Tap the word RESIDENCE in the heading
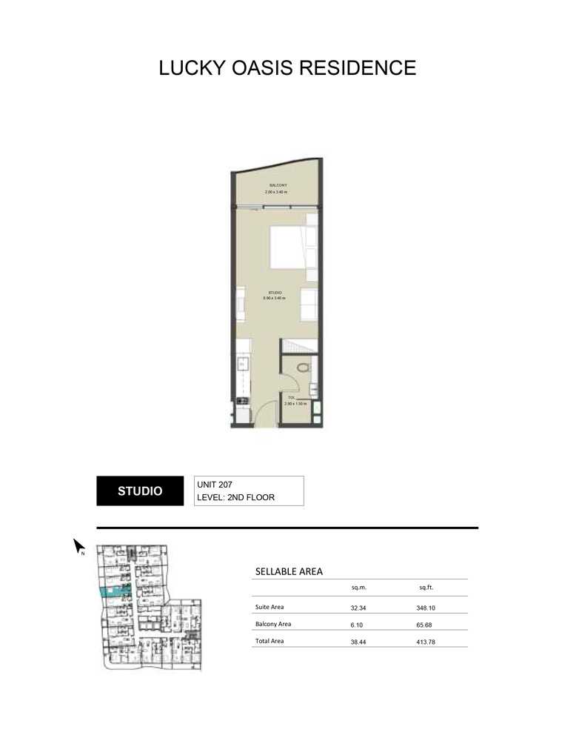(359, 69)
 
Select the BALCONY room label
(278, 185)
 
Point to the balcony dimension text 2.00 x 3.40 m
(276, 192)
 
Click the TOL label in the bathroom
(291, 398)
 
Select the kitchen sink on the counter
(241, 363)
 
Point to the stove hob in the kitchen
(241, 402)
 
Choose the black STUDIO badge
(141, 491)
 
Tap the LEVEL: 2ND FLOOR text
(235, 498)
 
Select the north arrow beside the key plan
(79, 547)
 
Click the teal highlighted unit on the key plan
(116, 591)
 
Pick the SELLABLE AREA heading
(288, 571)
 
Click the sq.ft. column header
(426, 588)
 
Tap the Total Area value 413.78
(426, 642)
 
